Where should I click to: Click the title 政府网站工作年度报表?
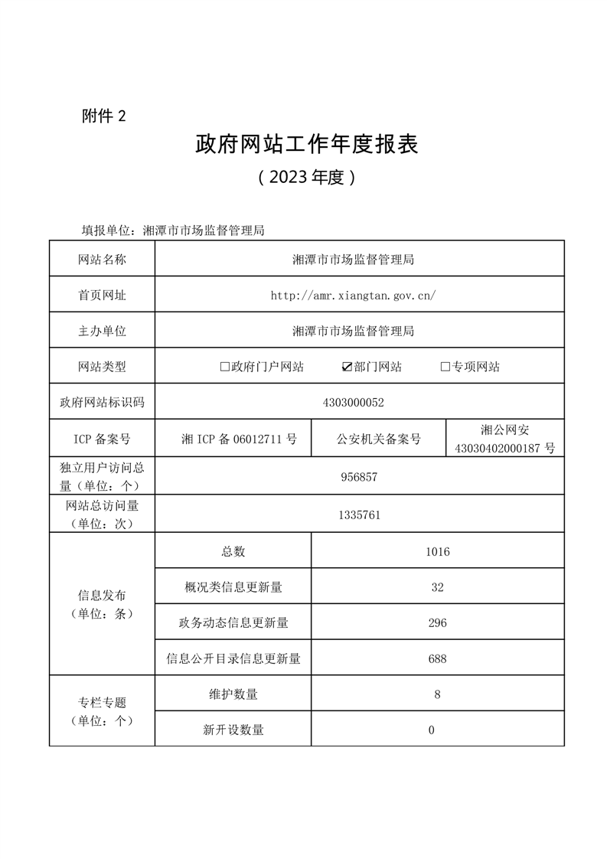coord(307,145)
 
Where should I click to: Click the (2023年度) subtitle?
coord(307,178)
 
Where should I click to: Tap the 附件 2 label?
coord(103,116)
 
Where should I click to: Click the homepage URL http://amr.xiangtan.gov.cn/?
coord(353,295)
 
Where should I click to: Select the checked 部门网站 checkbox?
coord(347,367)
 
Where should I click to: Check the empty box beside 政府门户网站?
coord(225,367)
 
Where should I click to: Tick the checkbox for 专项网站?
coord(445,367)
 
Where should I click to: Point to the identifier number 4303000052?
coord(359,402)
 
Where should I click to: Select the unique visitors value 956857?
coord(359,477)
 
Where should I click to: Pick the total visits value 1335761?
coord(359,515)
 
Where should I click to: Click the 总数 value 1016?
coord(438,552)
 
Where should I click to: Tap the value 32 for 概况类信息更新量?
coord(438,587)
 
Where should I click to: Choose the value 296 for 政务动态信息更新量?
coord(438,623)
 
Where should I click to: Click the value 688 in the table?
coord(438,658)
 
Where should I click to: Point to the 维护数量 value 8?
coord(437,694)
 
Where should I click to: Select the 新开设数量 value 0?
coord(432,730)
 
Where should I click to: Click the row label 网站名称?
coord(102,260)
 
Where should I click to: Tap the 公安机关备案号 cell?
coord(379,439)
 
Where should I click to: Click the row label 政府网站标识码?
coord(102,402)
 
